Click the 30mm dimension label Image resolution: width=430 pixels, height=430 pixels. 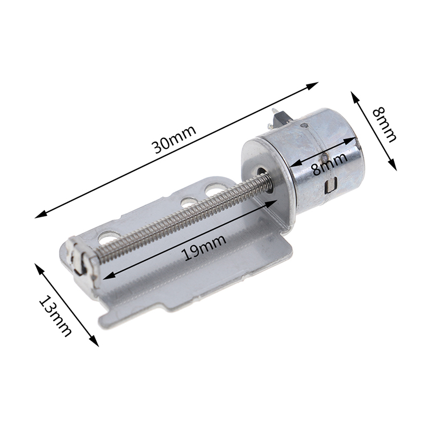point(175,139)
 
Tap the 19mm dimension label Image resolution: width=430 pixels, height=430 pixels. point(205,247)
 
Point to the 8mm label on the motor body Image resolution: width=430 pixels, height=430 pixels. point(330,164)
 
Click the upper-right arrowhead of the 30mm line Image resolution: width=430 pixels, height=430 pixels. point(312,86)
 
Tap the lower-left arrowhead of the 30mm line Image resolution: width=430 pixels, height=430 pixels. point(41,214)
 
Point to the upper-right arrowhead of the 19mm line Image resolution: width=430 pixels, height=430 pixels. point(271,204)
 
